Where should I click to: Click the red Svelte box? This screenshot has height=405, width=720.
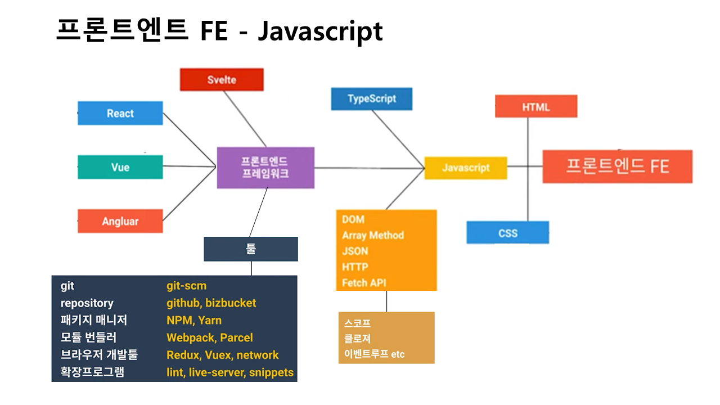click(222, 79)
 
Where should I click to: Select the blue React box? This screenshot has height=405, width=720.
click(120, 113)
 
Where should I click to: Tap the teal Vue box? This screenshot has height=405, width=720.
click(120, 167)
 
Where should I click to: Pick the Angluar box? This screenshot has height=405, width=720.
click(120, 221)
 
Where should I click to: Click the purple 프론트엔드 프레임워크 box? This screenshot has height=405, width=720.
click(265, 168)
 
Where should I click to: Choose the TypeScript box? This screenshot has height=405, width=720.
click(371, 98)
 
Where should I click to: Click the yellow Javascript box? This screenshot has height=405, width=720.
click(465, 168)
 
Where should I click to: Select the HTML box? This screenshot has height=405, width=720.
click(535, 106)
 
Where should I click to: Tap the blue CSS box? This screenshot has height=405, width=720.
click(507, 232)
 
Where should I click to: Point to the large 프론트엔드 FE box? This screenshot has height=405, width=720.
click(617, 166)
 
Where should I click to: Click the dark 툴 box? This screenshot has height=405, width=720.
click(251, 249)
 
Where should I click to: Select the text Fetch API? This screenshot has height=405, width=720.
click(364, 282)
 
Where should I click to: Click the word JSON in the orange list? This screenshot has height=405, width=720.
click(355, 251)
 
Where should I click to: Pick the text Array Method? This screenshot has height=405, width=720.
click(373, 235)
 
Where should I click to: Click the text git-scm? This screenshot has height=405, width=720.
click(186, 286)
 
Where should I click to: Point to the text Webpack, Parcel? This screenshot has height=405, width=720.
click(209, 337)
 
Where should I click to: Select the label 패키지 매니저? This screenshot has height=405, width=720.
click(93, 320)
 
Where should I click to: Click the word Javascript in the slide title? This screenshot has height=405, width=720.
click(320, 31)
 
